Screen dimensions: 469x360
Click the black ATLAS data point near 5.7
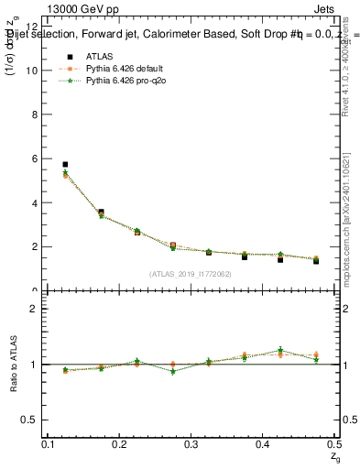65,165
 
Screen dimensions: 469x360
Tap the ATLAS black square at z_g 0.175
101,213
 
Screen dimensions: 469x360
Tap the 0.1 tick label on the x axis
48,443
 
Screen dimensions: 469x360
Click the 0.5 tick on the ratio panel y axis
32,420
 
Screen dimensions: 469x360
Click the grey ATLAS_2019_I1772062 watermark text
191,274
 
